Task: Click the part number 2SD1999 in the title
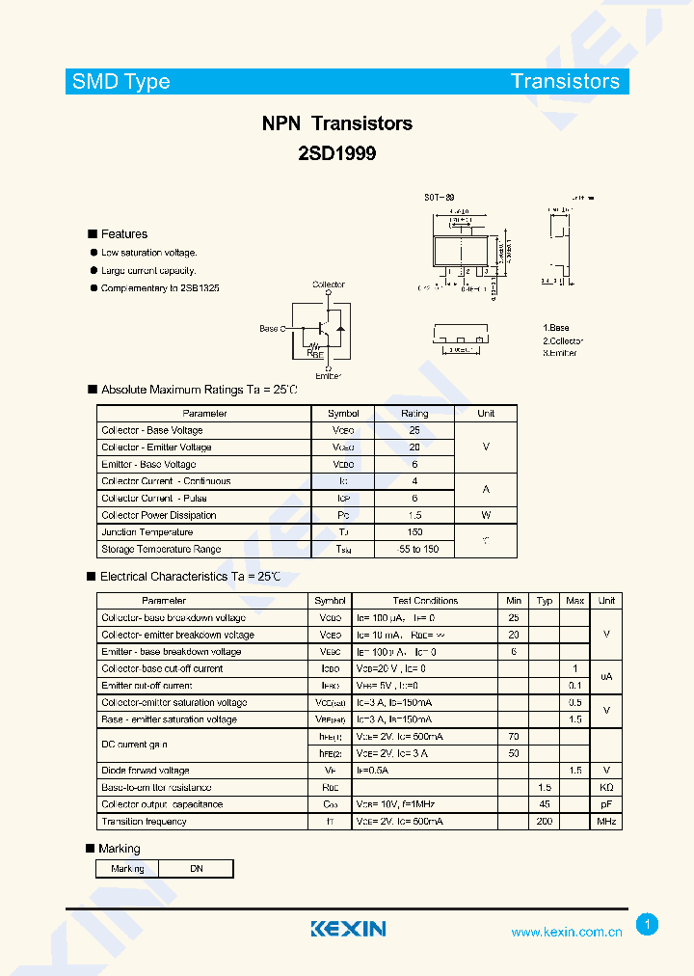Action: click(x=337, y=152)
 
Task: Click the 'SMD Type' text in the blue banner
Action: click(x=121, y=82)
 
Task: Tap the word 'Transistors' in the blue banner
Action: click(x=565, y=82)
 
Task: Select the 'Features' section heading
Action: click(x=124, y=234)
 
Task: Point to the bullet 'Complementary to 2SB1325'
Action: click(x=160, y=288)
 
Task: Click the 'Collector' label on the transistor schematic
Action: click(x=329, y=285)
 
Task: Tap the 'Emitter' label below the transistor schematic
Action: click(x=328, y=376)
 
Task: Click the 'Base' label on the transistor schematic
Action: click(x=269, y=329)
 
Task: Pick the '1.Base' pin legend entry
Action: click(x=556, y=328)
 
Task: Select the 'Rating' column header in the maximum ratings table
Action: click(x=414, y=414)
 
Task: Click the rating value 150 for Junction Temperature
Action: click(x=414, y=532)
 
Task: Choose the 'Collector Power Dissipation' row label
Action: click(x=158, y=515)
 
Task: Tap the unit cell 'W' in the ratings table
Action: click(x=486, y=515)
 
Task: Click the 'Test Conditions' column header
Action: click(x=425, y=601)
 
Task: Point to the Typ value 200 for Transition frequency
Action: click(x=545, y=822)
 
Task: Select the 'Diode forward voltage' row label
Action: click(x=146, y=771)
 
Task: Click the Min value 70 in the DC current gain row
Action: click(x=514, y=737)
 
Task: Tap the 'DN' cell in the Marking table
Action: click(x=197, y=869)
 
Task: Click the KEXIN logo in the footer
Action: click(x=348, y=929)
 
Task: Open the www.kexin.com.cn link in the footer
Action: click(x=567, y=932)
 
